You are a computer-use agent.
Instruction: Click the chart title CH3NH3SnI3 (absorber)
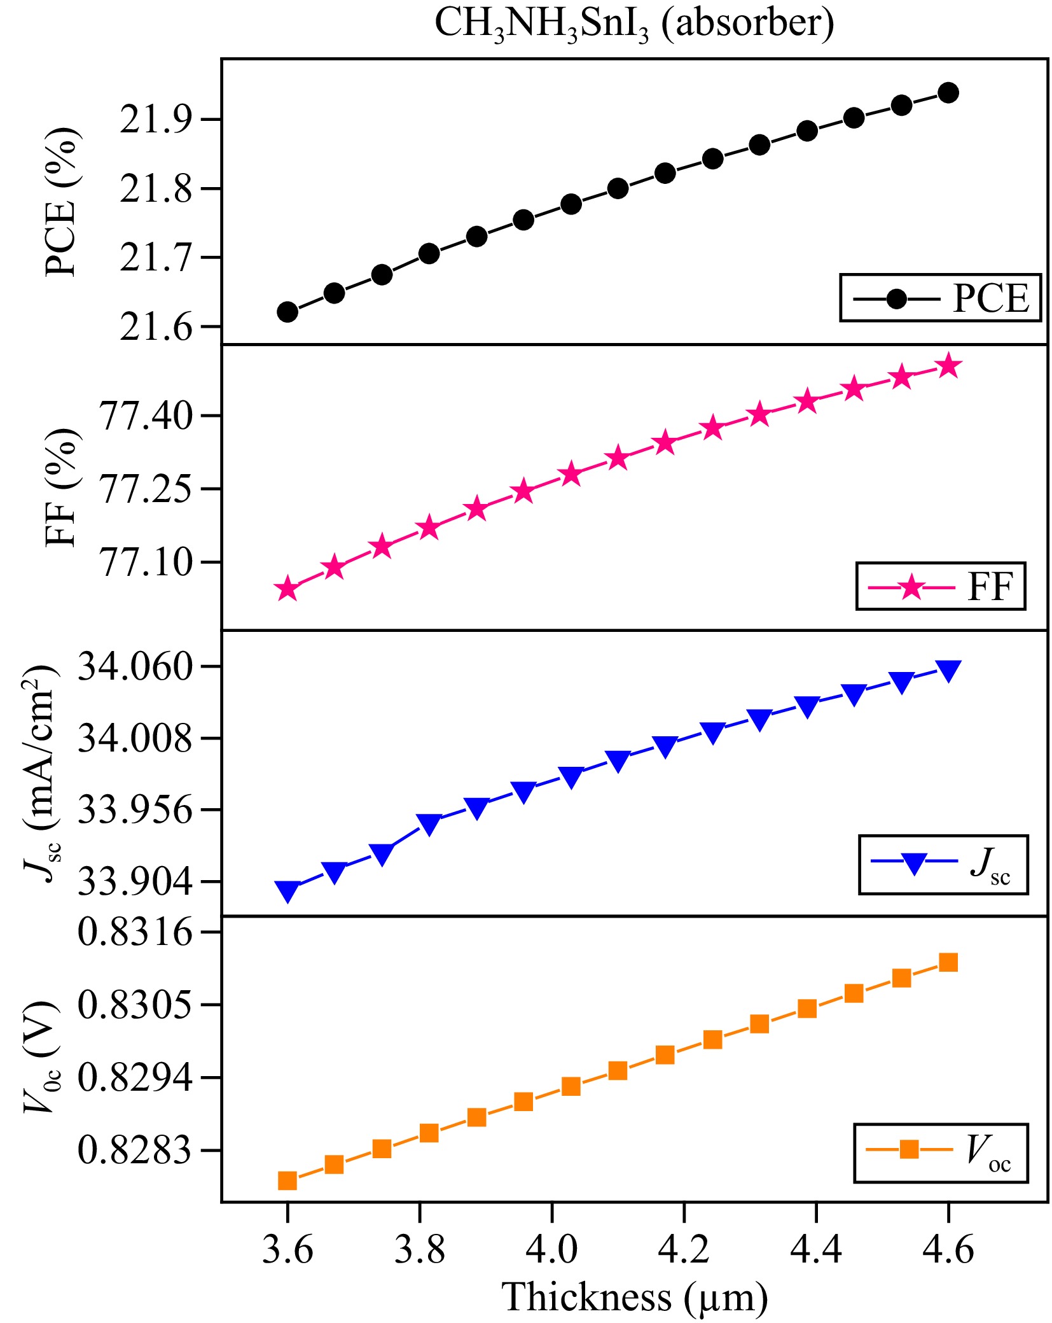pos(633,24)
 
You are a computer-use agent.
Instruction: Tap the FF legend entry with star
pos(939,586)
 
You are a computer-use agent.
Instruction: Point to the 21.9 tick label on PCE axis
pos(155,120)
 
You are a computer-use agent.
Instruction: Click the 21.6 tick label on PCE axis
pos(155,327)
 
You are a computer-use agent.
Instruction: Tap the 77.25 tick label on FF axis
pos(145,489)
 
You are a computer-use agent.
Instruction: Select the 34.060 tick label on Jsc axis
pos(134,667)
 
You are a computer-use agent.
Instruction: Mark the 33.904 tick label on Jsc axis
pos(134,882)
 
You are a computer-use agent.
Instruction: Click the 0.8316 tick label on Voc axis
pos(134,932)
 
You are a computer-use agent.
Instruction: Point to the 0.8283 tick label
pos(134,1151)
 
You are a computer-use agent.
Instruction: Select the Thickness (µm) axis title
pos(634,1297)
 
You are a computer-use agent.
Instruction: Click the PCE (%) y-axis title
pos(62,201)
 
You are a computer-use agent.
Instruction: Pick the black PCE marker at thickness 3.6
pos(287,312)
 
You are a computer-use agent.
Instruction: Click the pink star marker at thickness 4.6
pos(948,366)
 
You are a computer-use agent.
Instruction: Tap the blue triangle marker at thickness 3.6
pos(287,891)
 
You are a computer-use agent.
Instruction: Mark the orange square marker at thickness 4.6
pos(948,963)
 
